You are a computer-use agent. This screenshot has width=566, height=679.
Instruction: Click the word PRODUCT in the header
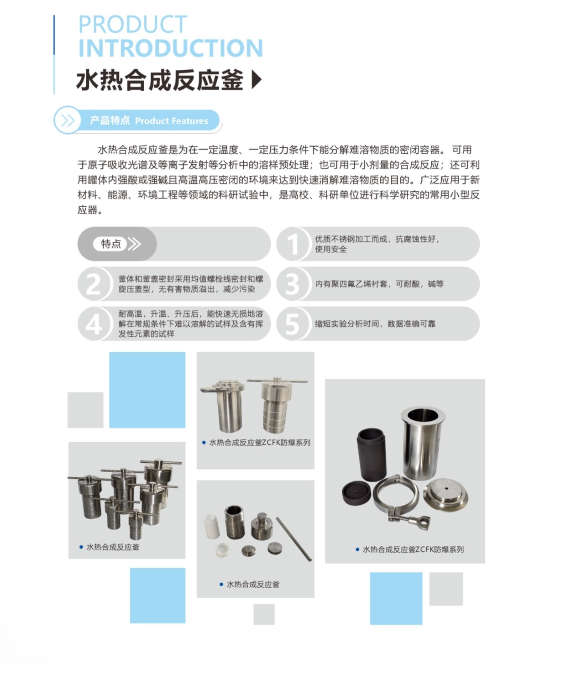133,24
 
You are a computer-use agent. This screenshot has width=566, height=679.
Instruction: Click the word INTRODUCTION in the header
170,48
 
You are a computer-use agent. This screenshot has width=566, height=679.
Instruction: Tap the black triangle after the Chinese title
257,80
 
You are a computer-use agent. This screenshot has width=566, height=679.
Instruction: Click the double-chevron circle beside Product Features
68,120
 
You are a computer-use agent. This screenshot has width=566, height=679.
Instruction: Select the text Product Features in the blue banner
172,121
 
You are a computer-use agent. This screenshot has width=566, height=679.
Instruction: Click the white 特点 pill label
110,244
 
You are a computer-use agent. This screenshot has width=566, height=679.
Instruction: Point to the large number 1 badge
293,244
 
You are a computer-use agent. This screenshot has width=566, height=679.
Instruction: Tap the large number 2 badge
94,284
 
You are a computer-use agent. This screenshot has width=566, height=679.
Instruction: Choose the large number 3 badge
293,284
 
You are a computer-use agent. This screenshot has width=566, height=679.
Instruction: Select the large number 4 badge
94,324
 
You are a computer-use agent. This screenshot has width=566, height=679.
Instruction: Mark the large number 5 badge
293,324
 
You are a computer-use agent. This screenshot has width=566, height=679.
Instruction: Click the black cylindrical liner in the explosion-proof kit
371,454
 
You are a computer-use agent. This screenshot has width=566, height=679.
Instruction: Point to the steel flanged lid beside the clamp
445,495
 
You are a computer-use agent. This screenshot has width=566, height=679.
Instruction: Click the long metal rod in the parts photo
294,539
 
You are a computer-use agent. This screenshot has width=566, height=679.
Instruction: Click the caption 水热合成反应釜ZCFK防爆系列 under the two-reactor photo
260,443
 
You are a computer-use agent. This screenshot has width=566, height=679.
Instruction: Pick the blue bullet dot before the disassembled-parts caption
221,585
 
